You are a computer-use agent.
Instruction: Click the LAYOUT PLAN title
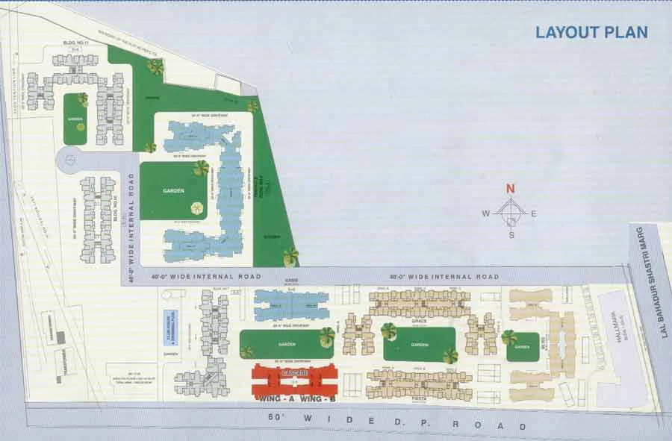591,32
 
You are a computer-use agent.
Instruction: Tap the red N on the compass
510,189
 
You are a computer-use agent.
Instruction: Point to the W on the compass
485,213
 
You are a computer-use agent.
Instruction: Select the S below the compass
511,235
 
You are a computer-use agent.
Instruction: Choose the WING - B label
317,400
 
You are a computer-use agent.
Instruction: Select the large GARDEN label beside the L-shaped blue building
173,191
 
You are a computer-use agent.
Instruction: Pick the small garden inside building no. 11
75,119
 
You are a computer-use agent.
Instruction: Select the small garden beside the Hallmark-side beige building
523,346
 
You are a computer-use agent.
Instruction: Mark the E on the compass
534,213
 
